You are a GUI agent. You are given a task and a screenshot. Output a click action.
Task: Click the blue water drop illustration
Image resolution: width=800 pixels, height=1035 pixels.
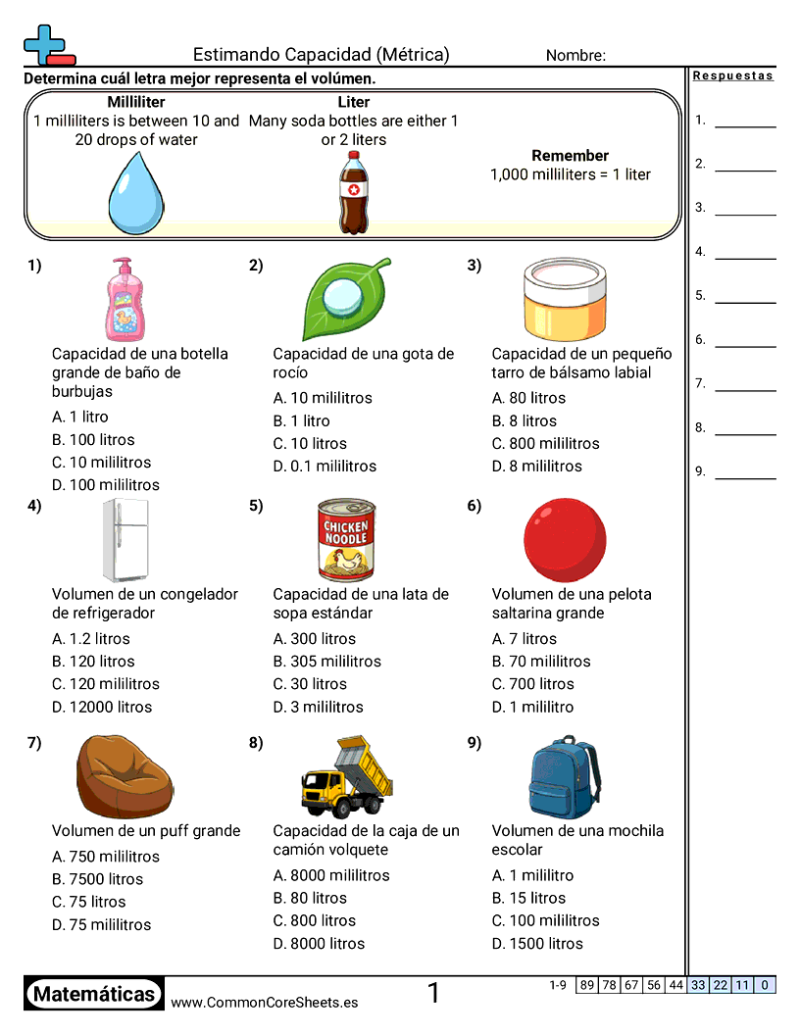pyautogui.click(x=134, y=192)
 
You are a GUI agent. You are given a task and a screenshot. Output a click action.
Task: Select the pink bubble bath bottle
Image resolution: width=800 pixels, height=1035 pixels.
pyautogui.click(x=125, y=299)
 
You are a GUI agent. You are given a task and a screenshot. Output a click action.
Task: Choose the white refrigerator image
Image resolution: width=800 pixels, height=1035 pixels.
pyautogui.click(x=125, y=540)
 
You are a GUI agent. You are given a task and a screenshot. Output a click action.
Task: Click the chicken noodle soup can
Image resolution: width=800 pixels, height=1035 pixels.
pyautogui.click(x=346, y=539)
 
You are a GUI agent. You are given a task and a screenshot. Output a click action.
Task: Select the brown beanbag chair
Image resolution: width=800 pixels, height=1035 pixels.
pyautogui.click(x=125, y=776)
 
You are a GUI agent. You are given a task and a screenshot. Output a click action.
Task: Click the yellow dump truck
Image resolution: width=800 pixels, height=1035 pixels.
pyautogui.click(x=346, y=776)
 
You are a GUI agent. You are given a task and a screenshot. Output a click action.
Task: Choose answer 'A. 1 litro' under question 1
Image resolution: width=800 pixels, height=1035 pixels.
pyautogui.click(x=80, y=418)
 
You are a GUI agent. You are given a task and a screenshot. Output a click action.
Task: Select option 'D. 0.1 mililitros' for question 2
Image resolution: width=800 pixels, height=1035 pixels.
pyautogui.click(x=325, y=467)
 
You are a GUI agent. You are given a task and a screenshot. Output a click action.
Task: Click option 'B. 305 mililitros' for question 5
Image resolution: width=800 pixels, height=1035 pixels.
pyautogui.click(x=327, y=662)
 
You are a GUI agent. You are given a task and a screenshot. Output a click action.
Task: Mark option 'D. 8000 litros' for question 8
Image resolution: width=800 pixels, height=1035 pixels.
pyautogui.click(x=319, y=944)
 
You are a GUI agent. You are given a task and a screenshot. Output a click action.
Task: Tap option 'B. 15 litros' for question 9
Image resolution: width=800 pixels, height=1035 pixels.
pyautogui.click(x=528, y=898)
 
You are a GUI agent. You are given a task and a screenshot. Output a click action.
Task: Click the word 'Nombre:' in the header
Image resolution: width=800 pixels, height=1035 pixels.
pyautogui.click(x=575, y=56)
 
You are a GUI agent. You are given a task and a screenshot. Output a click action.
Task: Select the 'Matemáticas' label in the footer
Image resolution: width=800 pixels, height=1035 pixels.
pyautogui.click(x=94, y=994)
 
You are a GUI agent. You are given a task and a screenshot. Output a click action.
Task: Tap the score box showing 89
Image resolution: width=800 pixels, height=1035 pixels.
pyautogui.click(x=586, y=985)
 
